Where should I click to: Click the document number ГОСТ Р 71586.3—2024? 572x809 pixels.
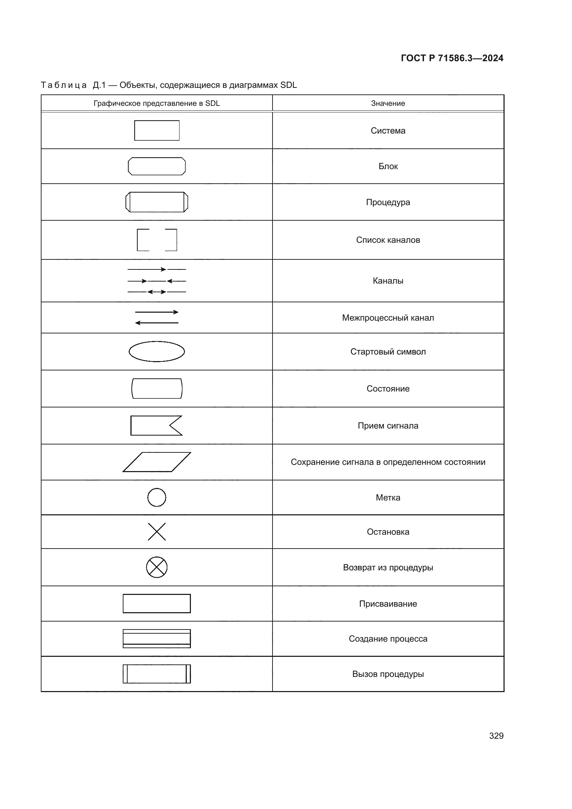click(452, 58)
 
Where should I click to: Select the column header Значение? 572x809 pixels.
click(388, 103)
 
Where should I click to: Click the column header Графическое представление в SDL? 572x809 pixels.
click(156, 103)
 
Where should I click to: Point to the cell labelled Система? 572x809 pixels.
click(388, 131)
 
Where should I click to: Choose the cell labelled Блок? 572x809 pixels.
click(388, 166)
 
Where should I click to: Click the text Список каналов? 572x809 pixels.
click(388, 240)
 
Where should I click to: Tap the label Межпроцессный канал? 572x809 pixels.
click(388, 318)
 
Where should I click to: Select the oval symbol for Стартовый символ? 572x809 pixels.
click(157, 351)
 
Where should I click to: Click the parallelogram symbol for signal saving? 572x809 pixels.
click(157, 462)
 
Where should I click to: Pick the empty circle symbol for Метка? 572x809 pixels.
click(157, 497)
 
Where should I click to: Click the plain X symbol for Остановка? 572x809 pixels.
click(157, 532)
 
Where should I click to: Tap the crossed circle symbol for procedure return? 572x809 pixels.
click(157, 567)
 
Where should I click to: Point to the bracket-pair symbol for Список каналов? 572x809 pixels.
click(157, 240)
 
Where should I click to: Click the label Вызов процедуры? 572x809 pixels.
click(388, 674)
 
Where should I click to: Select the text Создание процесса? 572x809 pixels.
click(388, 639)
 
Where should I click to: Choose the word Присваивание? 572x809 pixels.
click(388, 604)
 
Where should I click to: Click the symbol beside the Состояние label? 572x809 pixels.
click(157, 389)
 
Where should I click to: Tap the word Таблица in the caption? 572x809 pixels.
click(64, 85)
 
